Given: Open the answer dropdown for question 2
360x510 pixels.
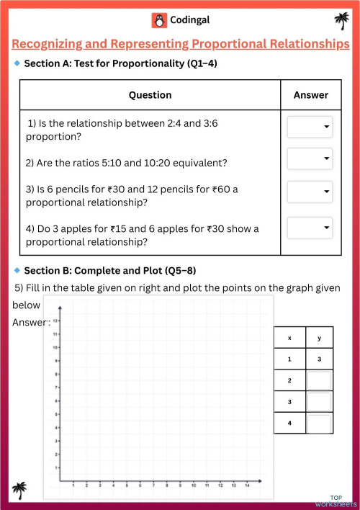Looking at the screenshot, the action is (310, 158).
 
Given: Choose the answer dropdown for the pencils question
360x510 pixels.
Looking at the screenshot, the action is (310, 192).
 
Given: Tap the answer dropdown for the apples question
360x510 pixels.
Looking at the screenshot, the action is (310, 228).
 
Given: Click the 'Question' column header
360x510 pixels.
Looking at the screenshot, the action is (150, 95).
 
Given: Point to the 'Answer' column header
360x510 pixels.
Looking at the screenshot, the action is (311, 95).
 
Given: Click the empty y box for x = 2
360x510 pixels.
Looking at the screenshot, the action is (319, 380).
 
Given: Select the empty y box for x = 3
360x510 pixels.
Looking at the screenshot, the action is (319, 402).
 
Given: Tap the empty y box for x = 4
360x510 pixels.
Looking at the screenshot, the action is (319, 424).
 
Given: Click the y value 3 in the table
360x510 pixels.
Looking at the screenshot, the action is (319, 359).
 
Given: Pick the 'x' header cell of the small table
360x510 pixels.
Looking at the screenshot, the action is (289, 338).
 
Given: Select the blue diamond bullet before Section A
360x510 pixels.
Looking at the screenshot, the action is (17, 63).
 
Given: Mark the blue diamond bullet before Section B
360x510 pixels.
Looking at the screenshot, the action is (17, 270).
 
